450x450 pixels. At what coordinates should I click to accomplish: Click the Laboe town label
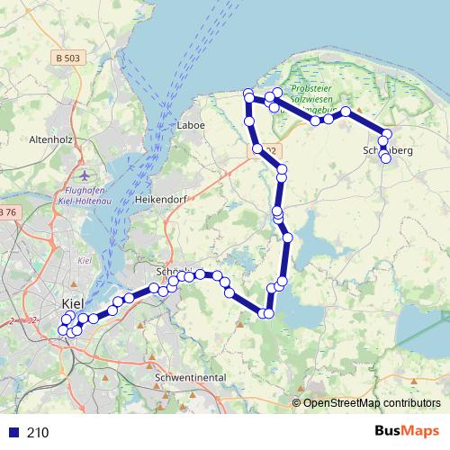192,125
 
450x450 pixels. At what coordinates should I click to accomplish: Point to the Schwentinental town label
190,377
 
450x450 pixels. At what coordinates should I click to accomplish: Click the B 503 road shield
68,58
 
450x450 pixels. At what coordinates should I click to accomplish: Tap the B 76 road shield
6,211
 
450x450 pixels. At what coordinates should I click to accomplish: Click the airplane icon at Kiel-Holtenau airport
84,174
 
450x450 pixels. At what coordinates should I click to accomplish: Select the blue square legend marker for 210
13,432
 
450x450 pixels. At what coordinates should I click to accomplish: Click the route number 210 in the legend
38,432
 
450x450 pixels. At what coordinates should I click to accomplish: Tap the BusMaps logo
409,431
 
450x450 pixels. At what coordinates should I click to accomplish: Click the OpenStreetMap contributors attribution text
372,404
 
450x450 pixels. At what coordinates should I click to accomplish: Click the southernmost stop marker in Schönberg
386,158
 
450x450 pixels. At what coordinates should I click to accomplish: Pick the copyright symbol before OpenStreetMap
297,404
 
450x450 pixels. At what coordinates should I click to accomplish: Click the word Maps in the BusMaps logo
422,431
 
